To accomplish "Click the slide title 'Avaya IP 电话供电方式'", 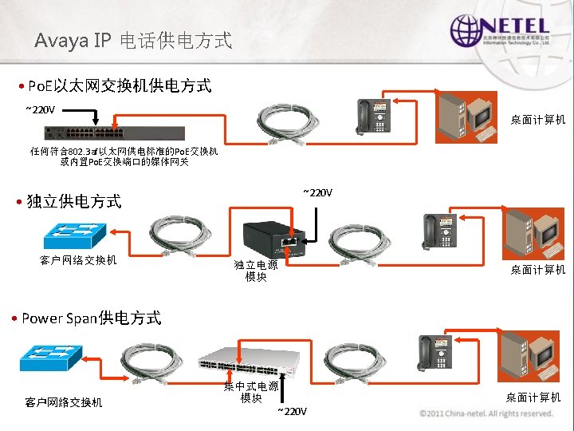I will (133, 40).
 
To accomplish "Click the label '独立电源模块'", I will (256, 271).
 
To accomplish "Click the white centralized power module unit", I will (249, 366).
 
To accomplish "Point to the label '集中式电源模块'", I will (251, 392).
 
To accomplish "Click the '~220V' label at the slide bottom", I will (291, 411).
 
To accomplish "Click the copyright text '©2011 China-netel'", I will (486, 413).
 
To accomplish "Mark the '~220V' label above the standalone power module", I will (317, 192).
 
